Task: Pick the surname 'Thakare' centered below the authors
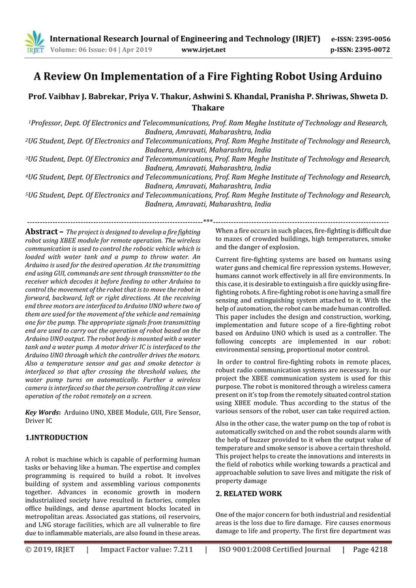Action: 207,108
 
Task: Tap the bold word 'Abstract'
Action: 41,231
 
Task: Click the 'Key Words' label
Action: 42,413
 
